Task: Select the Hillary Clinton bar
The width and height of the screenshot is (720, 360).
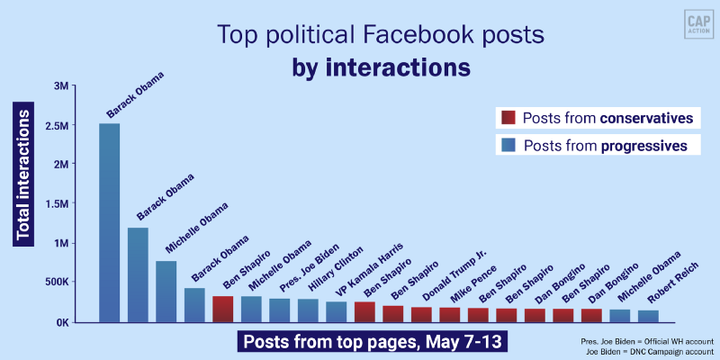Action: (308, 310)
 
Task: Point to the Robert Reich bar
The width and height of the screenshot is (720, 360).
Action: (647, 316)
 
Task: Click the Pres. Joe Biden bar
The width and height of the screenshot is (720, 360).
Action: (280, 310)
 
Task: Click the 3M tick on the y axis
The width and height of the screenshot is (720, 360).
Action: (60, 86)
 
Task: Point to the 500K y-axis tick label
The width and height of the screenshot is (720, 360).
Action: (54, 283)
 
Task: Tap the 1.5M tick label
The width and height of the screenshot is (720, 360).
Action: (55, 204)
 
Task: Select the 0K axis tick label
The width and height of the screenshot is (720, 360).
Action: (59, 322)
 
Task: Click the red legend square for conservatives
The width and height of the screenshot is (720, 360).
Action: (508, 118)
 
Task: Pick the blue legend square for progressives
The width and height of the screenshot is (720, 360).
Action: (508, 145)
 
